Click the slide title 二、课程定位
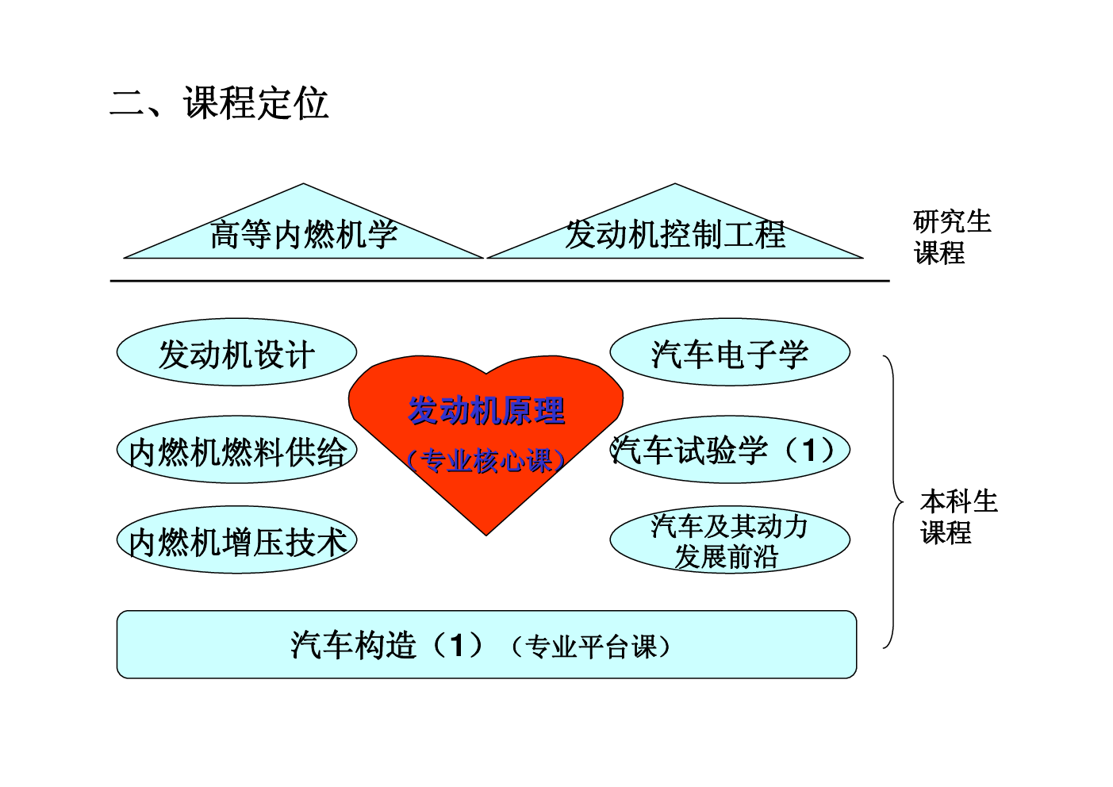(x=219, y=103)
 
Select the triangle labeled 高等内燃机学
(x=303, y=233)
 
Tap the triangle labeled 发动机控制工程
(x=675, y=233)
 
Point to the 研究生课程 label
(x=952, y=237)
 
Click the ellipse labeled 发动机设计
(x=236, y=351)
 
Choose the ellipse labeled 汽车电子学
(x=730, y=351)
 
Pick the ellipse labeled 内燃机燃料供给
(x=236, y=450)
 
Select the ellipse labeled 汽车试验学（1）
(x=730, y=450)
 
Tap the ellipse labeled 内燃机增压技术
(x=236, y=540)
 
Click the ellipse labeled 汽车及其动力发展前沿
(x=730, y=540)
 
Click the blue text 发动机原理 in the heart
(x=486, y=410)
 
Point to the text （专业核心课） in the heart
(x=486, y=461)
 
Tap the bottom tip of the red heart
(x=486, y=535)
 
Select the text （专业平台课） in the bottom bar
(x=591, y=647)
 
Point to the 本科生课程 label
(x=959, y=516)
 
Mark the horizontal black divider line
(x=499, y=281)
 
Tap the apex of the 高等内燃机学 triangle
(x=303, y=184)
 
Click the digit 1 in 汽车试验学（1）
(x=809, y=450)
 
